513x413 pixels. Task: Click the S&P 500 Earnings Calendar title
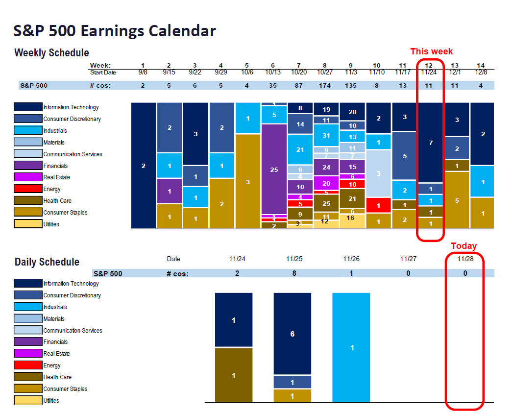click(x=115, y=31)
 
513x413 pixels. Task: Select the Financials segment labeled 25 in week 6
click(x=274, y=170)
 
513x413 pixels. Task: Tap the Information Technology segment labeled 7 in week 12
click(x=431, y=143)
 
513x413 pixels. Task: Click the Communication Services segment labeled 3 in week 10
click(x=378, y=173)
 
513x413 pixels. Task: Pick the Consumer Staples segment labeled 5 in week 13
click(x=457, y=200)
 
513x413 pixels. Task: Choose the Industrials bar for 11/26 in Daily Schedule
click(x=351, y=347)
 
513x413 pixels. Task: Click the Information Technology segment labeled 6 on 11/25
click(x=293, y=334)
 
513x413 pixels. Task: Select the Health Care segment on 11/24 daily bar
click(x=234, y=375)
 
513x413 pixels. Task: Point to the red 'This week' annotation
click(x=431, y=51)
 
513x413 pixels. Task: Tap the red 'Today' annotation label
click(x=464, y=246)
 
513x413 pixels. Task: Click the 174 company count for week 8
click(x=324, y=85)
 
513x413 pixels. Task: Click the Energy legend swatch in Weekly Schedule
click(x=28, y=189)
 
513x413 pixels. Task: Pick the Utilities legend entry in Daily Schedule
click(x=28, y=400)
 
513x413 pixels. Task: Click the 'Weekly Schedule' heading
click(x=51, y=53)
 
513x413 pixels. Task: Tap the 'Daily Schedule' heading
click(x=47, y=262)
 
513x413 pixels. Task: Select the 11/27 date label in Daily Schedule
click(x=408, y=259)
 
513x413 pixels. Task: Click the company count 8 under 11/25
click(x=294, y=273)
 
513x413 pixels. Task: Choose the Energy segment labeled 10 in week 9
click(x=352, y=184)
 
